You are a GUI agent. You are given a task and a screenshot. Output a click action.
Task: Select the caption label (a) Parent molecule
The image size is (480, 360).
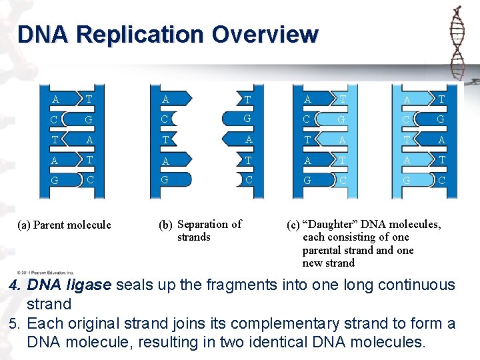(64, 225)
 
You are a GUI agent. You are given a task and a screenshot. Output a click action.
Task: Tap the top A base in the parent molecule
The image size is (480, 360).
(56, 100)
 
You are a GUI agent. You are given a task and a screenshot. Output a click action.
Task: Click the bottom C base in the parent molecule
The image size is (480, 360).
(89, 179)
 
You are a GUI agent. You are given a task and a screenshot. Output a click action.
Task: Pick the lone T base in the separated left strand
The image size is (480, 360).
(164, 140)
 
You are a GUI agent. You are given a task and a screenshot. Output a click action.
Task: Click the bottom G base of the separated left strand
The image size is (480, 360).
(164, 179)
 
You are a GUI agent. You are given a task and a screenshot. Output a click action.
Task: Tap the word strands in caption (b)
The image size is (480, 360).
(194, 237)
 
